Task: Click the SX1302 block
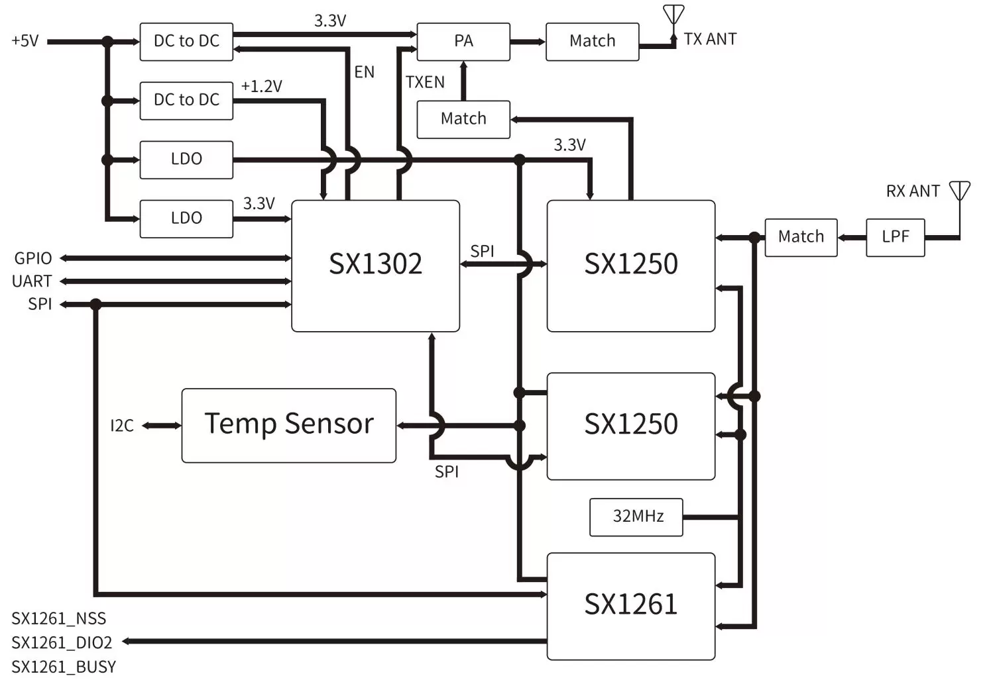pos(375,265)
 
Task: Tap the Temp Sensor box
pos(288,425)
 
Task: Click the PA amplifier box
pos(463,41)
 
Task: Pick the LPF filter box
pos(895,237)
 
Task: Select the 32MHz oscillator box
pos(636,516)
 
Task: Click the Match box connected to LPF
pos(801,237)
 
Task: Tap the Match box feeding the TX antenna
pos(592,41)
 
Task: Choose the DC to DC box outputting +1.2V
pos(186,100)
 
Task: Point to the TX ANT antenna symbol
pos(673,17)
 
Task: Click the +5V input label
pos(25,41)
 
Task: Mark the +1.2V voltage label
pos(261,86)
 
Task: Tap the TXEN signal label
pos(425,82)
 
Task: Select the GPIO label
pos(33,258)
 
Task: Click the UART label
pos(32,281)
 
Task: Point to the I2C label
pos(122,426)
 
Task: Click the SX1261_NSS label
pos(58,618)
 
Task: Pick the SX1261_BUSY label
pos(64,667)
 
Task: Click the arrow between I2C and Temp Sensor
pos(161,426)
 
